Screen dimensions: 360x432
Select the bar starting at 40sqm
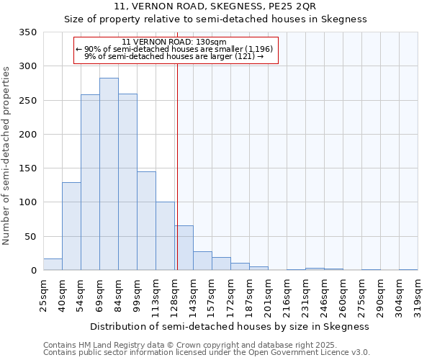(71, 226)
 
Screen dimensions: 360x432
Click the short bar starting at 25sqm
(53, 264)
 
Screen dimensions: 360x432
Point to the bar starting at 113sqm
(165, 236)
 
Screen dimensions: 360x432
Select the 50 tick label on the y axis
(30, 237)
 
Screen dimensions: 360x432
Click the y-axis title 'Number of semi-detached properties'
(6, 155)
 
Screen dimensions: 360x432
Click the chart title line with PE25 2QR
(215, 6)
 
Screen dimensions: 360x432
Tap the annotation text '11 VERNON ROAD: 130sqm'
(175, 42)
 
